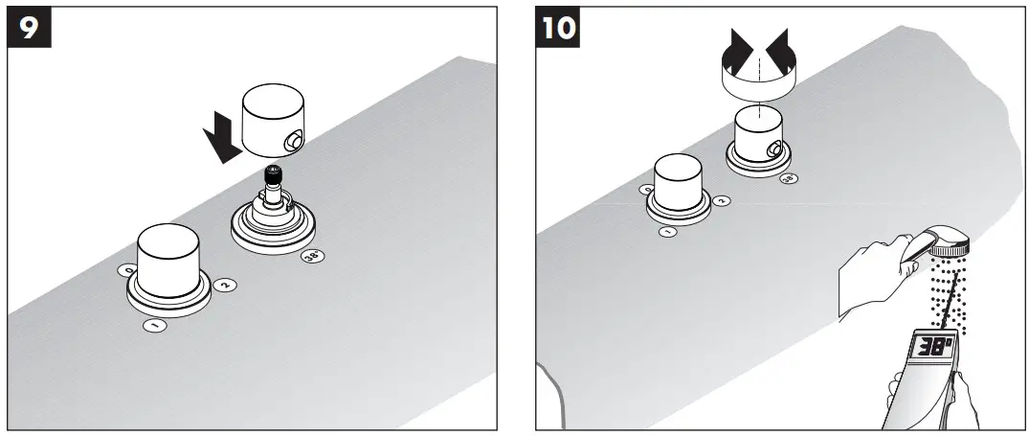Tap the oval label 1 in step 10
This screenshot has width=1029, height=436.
[x=668, y=231]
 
